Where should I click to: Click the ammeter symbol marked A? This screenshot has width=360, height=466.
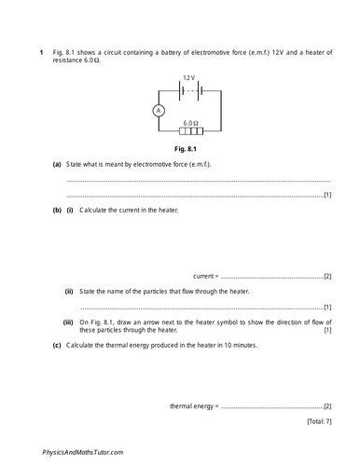click(x=158, y=110)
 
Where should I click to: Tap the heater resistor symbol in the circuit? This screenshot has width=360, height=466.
click(x=189, y=131)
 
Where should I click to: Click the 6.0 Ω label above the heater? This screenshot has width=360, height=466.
click(x=190, y=122)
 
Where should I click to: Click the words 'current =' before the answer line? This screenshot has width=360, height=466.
click(x=204, y=277)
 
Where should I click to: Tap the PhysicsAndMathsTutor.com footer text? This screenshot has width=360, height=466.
click(x=83, y=451)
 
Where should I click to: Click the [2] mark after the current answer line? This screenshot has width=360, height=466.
click(x=326, y=277)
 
